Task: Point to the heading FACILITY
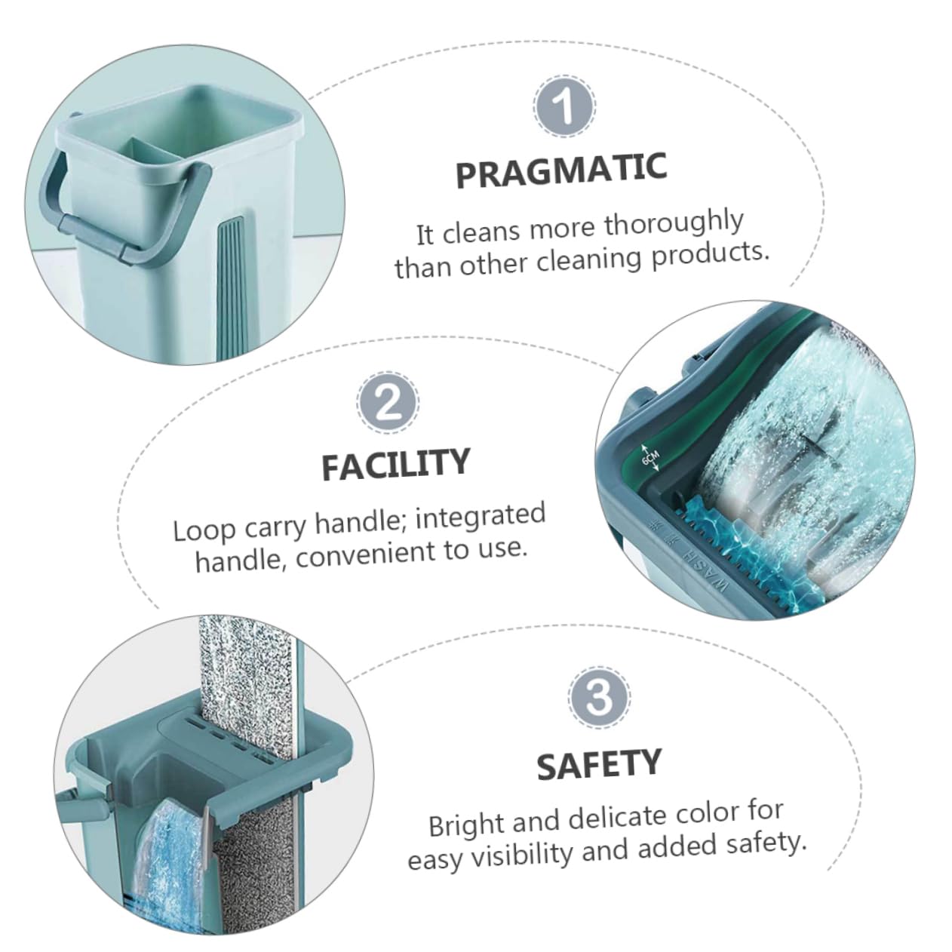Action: pos(395,464)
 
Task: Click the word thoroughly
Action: pos(674,225)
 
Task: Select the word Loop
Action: pos(204,531)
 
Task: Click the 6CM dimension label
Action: pos(650,459)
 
